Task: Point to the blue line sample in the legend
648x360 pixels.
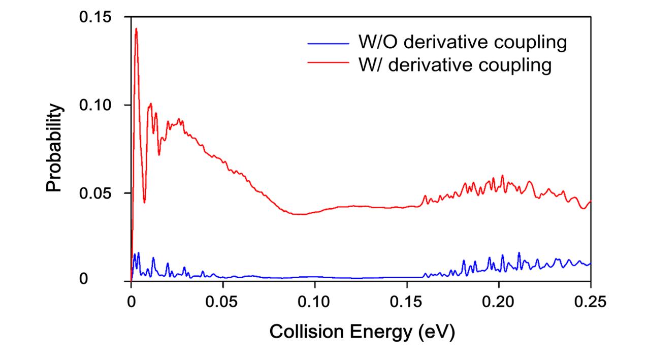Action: (x=328, y=43)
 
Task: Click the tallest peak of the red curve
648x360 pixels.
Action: (x=136, y=29)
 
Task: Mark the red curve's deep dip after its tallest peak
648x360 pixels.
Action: (x=144, y=202)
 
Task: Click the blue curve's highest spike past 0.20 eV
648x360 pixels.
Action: (x=519, y=253)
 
